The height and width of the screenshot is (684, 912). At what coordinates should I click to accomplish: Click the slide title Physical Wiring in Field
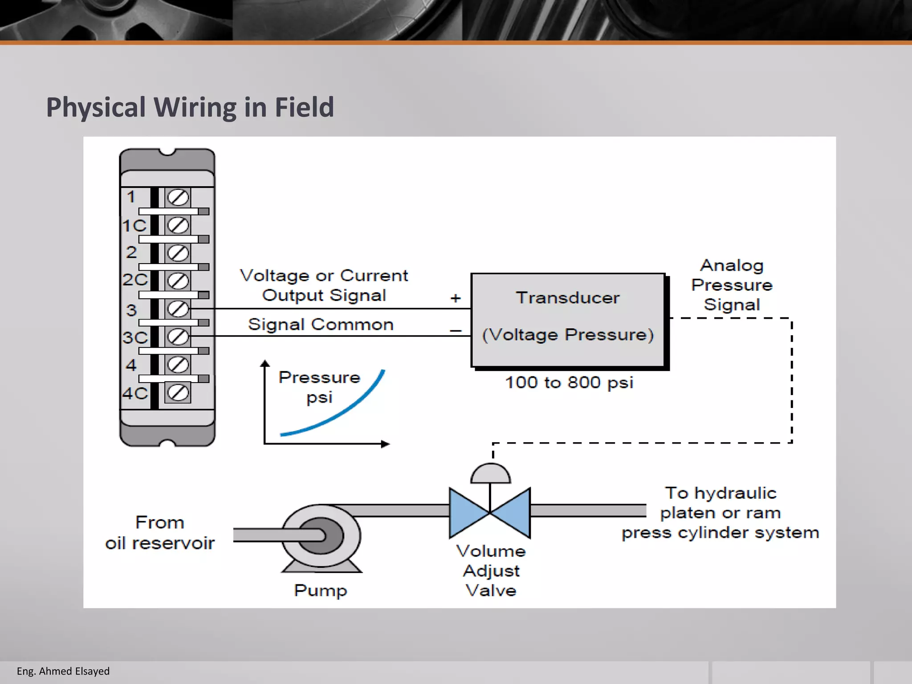click(x=190, y=107)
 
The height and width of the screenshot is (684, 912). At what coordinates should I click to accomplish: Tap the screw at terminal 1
click(x=178, y=197)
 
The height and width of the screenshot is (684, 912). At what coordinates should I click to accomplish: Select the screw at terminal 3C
click(x=178, y=337)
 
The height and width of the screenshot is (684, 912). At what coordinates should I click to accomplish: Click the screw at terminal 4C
click(x=178, y=393)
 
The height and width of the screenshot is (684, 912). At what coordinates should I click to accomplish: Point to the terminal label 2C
click(x=134, y=280)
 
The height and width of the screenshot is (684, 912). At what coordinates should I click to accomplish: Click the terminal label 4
click(x=131, y=365)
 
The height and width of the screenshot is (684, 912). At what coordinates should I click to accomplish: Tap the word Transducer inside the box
click(x=568, y=298)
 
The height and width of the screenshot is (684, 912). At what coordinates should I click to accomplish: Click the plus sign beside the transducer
click(x=456, y=298)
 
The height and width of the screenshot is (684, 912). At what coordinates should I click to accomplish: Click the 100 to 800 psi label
click(x=569, y=383)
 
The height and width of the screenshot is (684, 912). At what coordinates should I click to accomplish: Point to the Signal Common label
click(x=321, y=324)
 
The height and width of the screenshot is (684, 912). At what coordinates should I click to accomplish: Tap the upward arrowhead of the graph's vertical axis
click(x=265, y=363)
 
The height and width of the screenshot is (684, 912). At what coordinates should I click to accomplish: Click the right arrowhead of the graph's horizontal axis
click(x=385, y=444)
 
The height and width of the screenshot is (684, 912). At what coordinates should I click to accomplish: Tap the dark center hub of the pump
click(x=322, y=536)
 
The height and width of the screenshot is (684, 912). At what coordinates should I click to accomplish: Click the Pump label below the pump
click(x=320, y=590)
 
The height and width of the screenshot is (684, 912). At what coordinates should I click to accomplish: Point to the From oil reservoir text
click(x=160, y=533)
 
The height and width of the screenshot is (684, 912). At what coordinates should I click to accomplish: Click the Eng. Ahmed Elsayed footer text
click(x=63, y=671)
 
